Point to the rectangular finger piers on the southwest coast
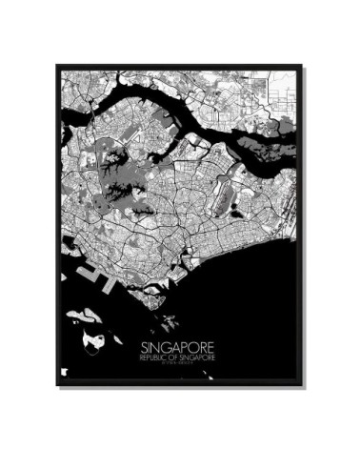pos(91,276)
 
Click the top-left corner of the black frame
pos(57,66)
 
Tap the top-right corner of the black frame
pos(304,66)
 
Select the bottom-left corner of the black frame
pos(57,386)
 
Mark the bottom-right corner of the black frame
pos(304,386)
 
